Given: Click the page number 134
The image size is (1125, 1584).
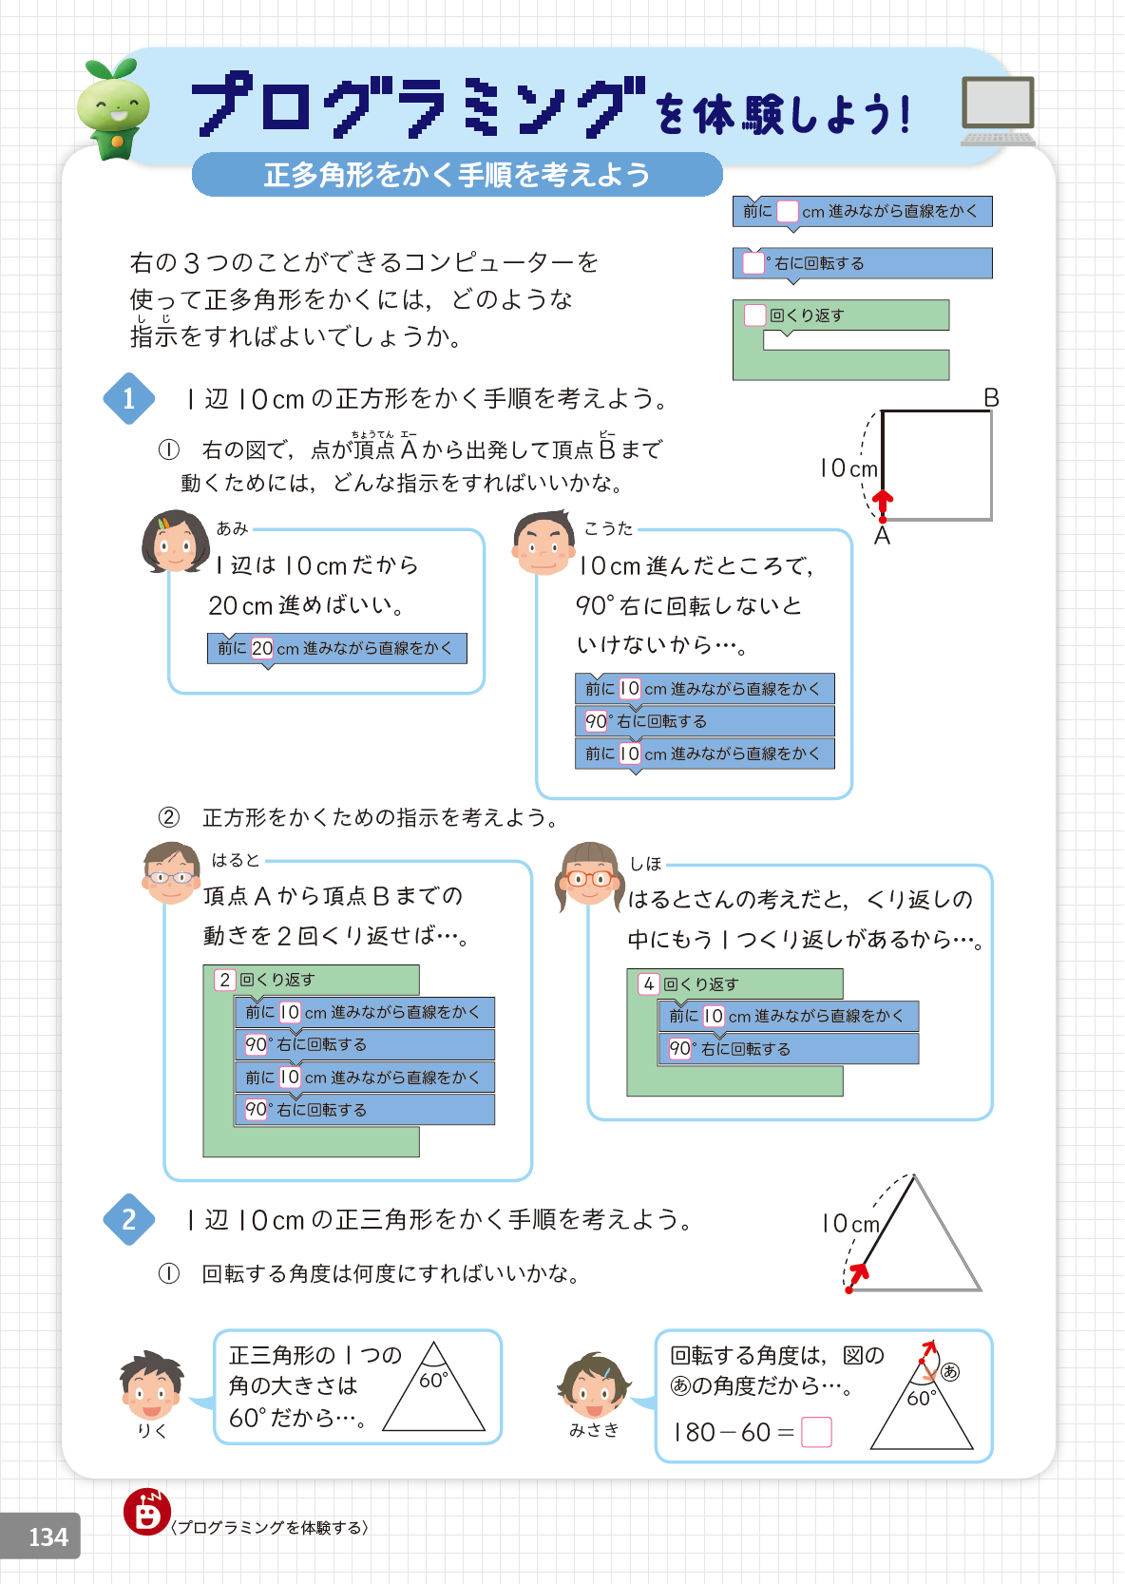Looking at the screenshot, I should [48, 1536].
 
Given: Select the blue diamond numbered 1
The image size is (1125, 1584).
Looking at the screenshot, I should [129, 398].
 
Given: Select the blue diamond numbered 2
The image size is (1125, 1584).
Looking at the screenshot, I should [129, 1219].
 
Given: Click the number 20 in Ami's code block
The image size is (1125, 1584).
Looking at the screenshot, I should [262, 648].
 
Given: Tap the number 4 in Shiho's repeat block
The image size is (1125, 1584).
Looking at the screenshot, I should [649, 984].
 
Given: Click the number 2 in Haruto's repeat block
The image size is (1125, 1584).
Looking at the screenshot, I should [225, 980].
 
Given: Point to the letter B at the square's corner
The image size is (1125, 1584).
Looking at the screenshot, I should [991, 398].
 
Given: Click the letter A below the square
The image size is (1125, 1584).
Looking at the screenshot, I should [882, 537].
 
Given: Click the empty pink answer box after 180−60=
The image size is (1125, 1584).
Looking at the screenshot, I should [816, 1432].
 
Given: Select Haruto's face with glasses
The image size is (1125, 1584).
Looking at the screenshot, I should [171, 874].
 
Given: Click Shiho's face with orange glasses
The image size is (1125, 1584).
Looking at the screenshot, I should [589, 875].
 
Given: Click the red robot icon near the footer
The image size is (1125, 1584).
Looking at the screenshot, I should [146, 1512].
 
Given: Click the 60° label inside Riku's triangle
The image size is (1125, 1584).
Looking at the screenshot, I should [433, 1380].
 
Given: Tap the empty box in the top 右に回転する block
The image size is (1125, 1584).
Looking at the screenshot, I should [753, 263].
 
